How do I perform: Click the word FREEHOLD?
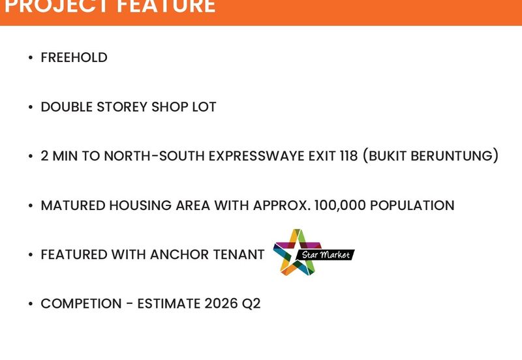(x=74, y=57)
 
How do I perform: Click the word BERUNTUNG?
(x=457, y=157)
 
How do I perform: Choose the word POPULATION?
(x=414, y=205)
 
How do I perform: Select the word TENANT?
(x=238, y=254)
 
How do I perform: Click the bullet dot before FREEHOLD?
(x=31, y=58)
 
